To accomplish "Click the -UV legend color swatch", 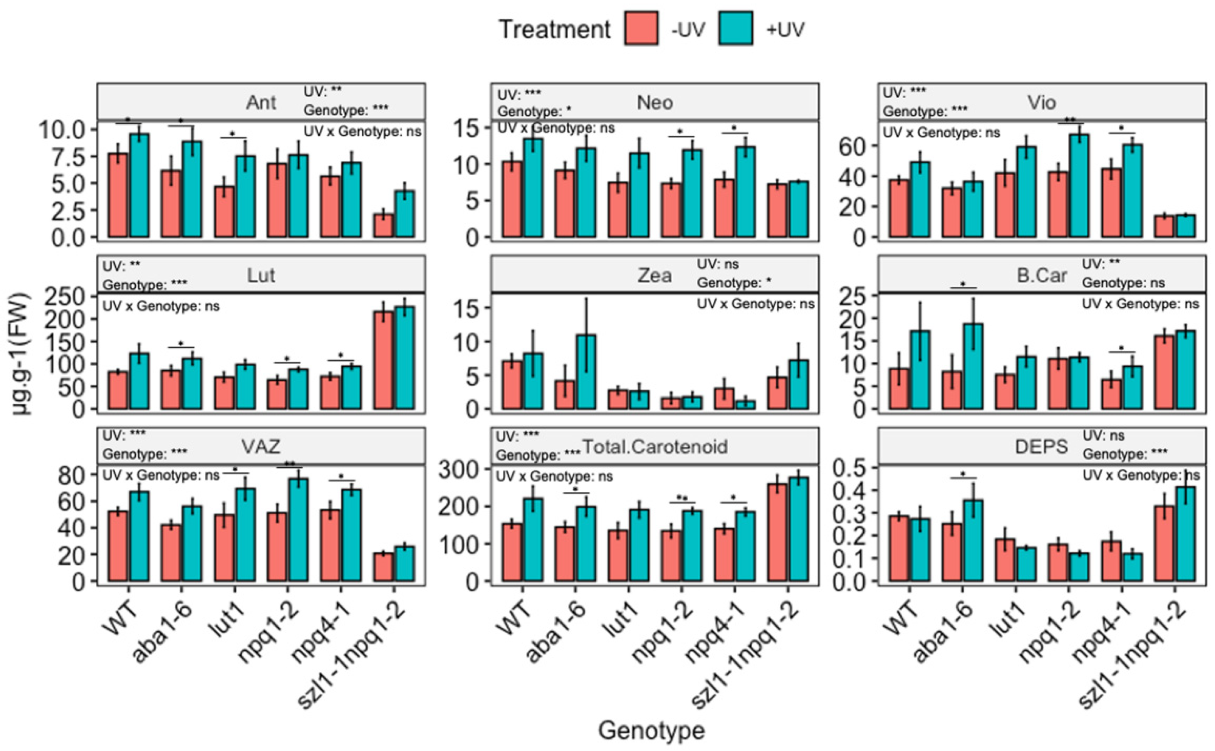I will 641,29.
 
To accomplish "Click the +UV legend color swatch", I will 735,29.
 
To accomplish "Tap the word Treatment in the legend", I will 555,29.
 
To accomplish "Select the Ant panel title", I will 261,102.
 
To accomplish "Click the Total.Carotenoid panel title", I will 655,447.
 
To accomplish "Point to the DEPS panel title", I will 1041,447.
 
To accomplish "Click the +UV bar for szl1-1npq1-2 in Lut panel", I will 404,358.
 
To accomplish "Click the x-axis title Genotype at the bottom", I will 651,731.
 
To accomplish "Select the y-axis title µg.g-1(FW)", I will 21,354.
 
